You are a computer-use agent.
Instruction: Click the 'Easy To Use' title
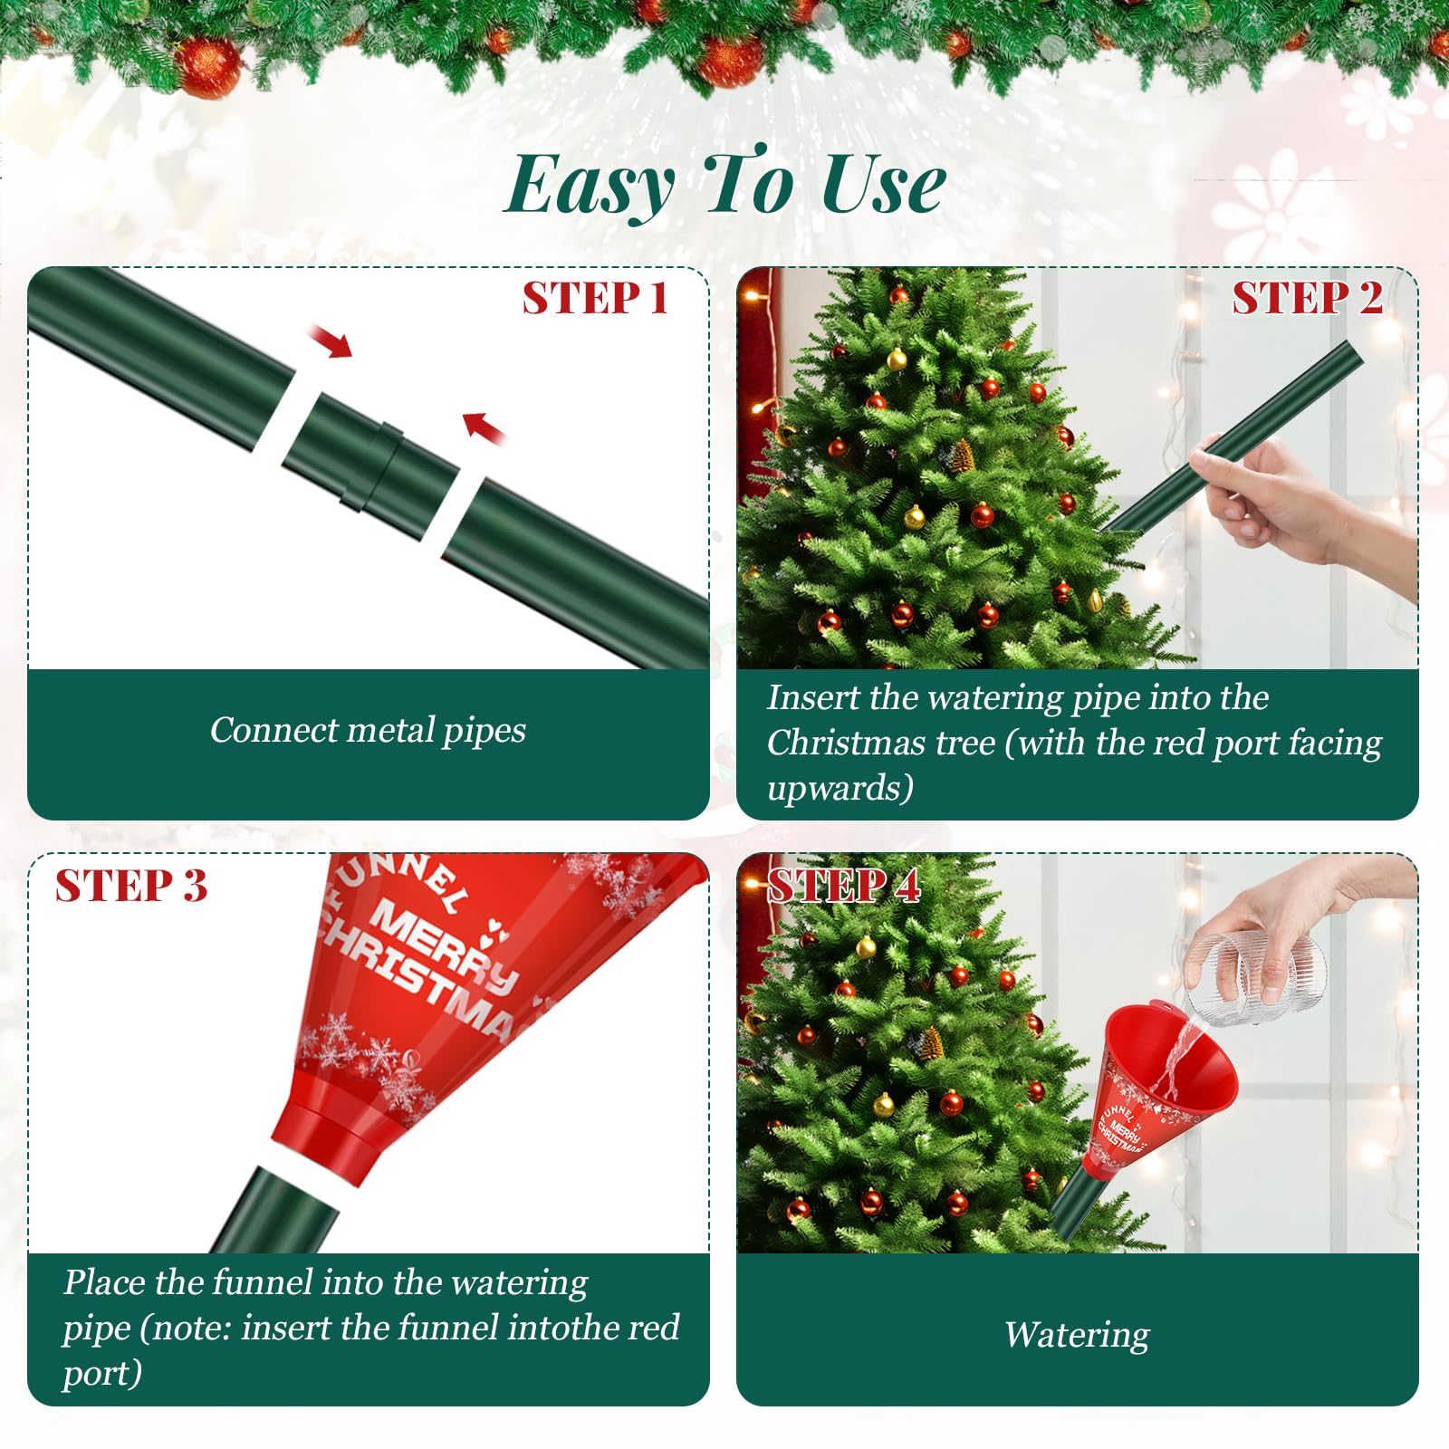click(x=724, y=184)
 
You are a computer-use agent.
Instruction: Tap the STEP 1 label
click(x=595, y=298)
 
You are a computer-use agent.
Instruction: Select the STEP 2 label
click(x=1307, y=298)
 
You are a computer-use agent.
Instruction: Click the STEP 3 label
click(x=131, y=885)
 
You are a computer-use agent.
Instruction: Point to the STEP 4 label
click(x=844, y=885)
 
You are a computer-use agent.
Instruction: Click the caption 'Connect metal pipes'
click(x=368, y=730)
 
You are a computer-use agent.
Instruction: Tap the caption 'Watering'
click(x=1077, y=1335)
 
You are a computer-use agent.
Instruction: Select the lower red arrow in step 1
click(x=485, y=427)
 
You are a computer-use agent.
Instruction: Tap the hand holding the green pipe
click(x=1295, y=507)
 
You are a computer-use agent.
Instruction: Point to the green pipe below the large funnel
click(x=272, y=1210)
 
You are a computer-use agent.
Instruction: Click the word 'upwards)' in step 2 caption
click(x=840, y=788)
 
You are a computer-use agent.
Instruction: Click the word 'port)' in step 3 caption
click(x=102, y=1373)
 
